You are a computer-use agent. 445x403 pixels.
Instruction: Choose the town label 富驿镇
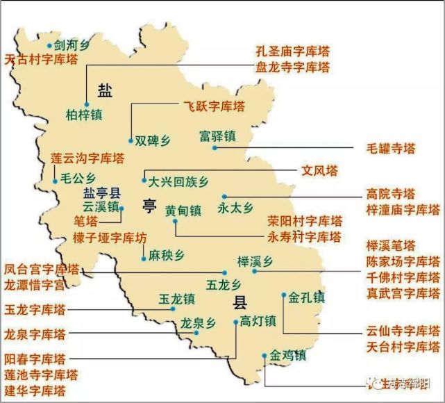tap(217, 134)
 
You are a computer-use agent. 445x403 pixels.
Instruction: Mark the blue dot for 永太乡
tap(222, 197)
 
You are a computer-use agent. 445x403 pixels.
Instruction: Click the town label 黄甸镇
tap(183, 210)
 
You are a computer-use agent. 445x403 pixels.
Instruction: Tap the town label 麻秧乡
tap(167, 255)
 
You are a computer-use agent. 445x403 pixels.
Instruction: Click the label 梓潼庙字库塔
tap(403, 209)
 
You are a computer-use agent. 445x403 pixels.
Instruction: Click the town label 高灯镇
tap(258, 321)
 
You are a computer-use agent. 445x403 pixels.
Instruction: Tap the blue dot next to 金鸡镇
tap(265, 356)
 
